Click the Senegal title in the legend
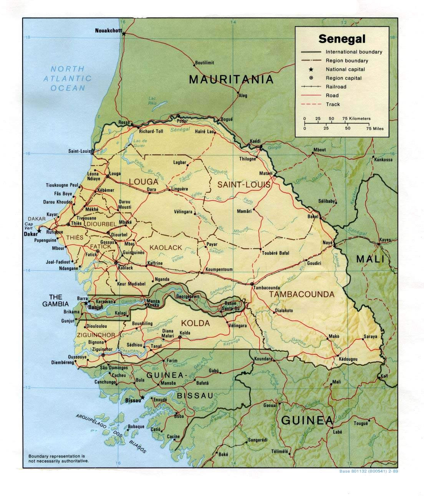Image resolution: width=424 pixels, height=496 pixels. point(342,39)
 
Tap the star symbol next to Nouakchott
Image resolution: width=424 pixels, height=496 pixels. point(124,34)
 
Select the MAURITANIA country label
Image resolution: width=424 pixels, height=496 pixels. point(232,79)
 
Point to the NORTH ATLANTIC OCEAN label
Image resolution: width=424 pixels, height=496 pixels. point(68,78)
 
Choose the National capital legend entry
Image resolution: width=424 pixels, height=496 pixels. point(345,69)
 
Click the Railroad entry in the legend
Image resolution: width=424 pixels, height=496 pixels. point(336,87)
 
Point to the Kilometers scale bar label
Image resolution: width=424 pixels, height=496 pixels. point(356,119)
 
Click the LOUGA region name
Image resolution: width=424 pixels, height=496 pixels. point(144,182)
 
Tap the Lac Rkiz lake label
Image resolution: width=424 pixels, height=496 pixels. point(153,100)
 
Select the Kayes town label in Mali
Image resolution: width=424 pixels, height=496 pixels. point(385,240)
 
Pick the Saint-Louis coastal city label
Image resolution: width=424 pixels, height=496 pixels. point(79,151)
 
